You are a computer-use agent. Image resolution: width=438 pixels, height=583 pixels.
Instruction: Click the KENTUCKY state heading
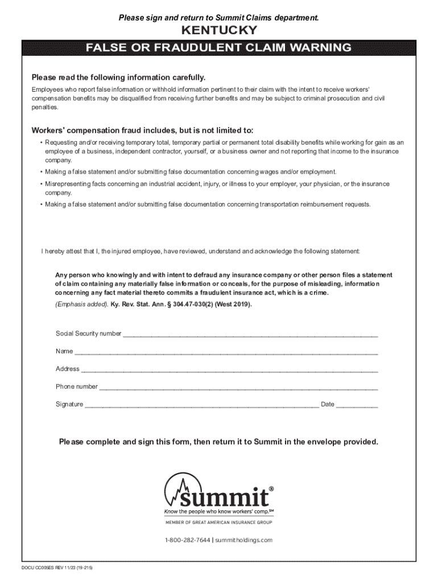(218, 31)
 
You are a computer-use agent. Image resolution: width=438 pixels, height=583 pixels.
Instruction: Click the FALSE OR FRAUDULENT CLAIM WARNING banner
(218, 48)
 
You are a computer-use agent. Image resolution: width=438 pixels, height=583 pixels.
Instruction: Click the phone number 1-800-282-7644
(187, 540)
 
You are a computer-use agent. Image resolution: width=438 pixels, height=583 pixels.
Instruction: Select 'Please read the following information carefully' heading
(118, 77)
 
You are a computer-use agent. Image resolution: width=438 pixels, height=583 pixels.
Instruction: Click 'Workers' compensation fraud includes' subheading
(142, 130)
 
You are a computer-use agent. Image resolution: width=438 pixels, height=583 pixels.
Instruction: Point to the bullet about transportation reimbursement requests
(208, 204)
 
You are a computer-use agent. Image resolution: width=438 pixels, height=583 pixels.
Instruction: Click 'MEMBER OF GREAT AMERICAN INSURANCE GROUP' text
(218, 522)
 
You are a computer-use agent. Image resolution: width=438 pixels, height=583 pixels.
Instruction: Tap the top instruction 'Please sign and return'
(218, 19)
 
